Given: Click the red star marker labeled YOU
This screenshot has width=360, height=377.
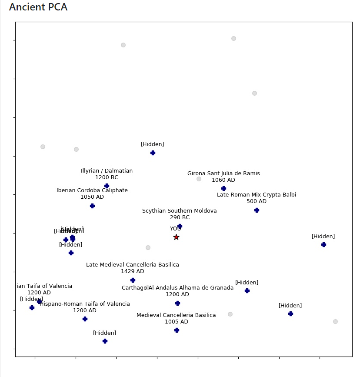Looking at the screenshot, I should (x=176, y=237).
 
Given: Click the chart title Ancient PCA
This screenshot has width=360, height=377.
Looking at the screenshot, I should (x=38, y=7).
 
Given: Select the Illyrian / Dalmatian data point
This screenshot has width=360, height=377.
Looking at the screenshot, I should (x=107, y=186).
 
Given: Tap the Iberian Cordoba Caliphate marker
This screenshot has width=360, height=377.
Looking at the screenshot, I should (x=92, y=206).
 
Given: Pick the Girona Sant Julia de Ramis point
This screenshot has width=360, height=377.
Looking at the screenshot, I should (x=223, y=188).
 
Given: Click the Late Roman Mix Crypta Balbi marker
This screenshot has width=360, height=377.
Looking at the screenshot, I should (x=257, y=210).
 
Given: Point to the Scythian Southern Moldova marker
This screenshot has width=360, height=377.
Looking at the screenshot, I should (x=180, y=226).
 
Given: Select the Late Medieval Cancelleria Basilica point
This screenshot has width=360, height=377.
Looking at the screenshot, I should (x=133, y=280).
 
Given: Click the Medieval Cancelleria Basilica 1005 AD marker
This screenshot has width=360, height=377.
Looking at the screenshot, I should (x=177, y=330).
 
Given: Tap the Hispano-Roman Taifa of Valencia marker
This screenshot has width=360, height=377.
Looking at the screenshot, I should (x=85, y=319).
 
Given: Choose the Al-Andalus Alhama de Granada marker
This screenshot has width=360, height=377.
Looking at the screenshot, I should (x=177, y=303).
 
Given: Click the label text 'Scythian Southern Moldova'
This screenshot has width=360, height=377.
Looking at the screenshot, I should (x=179, y=211).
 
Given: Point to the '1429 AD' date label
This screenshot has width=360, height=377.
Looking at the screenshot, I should (x=132, y=271).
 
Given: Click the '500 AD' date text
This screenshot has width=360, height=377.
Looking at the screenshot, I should (x=256, y=201).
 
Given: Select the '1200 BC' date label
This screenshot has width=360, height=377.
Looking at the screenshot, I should (x=107, y=177).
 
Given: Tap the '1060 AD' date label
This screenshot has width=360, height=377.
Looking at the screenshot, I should (x=223, y=180).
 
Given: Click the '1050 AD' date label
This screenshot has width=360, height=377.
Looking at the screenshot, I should (x=92, y=197).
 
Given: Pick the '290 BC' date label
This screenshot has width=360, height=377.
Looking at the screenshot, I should (x=180, y=217).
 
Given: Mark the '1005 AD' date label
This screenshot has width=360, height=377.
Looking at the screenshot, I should (x=176, y=322).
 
